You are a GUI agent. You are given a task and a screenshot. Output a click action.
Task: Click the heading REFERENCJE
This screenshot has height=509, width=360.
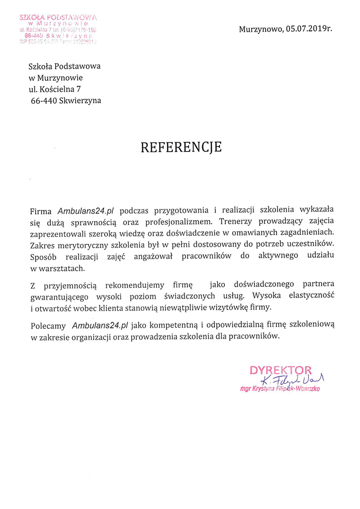tap(181, 147)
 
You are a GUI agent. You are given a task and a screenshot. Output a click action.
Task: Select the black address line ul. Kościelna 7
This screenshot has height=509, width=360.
tap(55, 89)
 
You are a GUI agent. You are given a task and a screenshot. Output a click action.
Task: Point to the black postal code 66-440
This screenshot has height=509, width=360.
tap(44, 100)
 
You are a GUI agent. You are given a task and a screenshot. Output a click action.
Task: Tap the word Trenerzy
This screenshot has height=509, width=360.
tap(236, 220)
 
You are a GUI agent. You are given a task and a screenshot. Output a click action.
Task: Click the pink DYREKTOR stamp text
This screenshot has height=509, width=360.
tap(281, 370)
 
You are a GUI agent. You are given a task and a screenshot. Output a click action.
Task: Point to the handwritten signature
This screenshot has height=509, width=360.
tap(294, 380)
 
